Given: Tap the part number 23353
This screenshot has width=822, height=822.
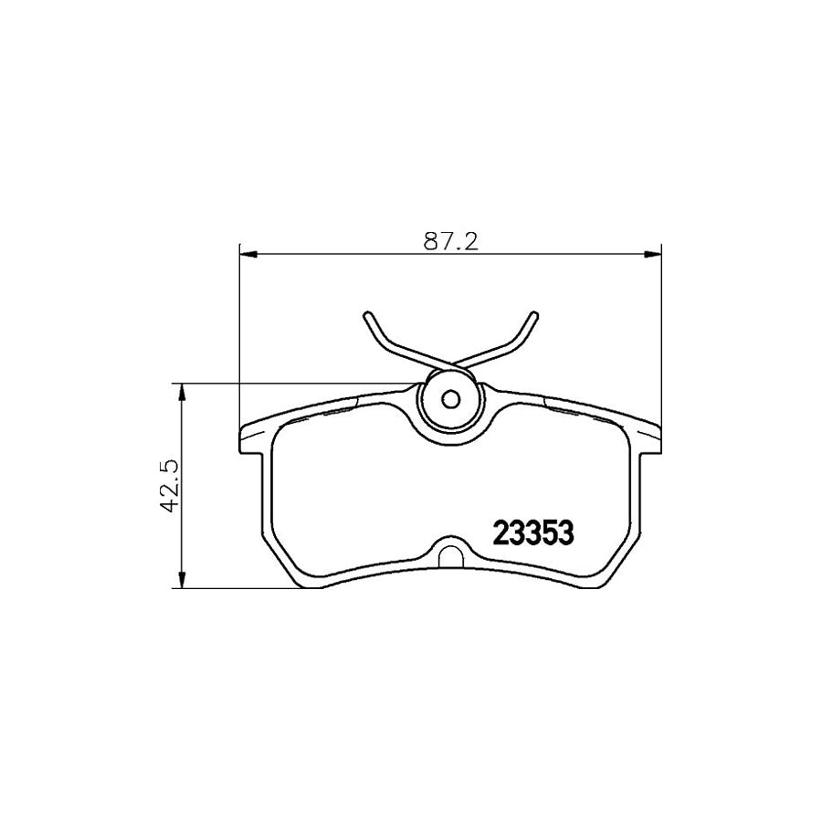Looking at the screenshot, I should click(533, 532).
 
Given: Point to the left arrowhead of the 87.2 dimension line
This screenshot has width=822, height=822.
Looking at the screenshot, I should click(246, 255).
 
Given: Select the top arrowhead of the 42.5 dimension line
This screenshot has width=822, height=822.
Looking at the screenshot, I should click(184, 389).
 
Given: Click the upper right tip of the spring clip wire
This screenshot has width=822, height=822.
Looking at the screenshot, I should click(532, 315).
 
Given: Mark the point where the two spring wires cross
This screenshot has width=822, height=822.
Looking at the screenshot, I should click(448, 364).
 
